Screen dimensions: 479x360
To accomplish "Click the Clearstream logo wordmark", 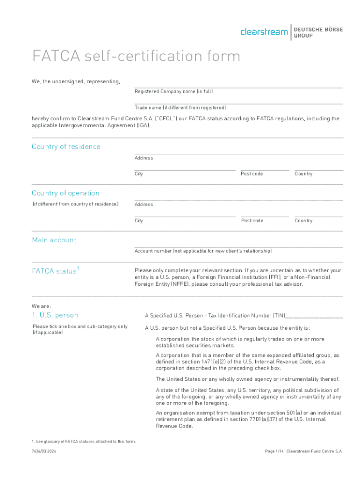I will click(x=264, y=32).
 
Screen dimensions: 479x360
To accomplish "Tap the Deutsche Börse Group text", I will click(x=318, y=32).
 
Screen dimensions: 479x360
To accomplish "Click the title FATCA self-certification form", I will click(x=136, y=56).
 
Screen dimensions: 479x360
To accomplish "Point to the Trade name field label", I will click(x=180, y=108).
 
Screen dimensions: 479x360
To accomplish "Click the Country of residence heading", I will click(x=66, y=146).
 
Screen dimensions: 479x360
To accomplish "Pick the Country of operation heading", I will click(x=65, y=193).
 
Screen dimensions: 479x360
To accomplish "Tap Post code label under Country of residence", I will click(x=252, y=174).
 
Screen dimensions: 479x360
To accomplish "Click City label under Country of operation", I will click(x=139, y=221).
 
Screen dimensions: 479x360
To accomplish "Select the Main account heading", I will click(x=54, y=240).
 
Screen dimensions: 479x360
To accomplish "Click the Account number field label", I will click(x=203, y=251).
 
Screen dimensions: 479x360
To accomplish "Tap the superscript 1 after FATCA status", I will click(x=78, y=268).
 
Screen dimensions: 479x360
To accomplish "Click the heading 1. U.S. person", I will click(x=55, y=315).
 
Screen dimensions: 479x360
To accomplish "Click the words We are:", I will click(x=39, y=306).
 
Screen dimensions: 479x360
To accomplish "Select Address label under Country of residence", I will click(x=144, y=158).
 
